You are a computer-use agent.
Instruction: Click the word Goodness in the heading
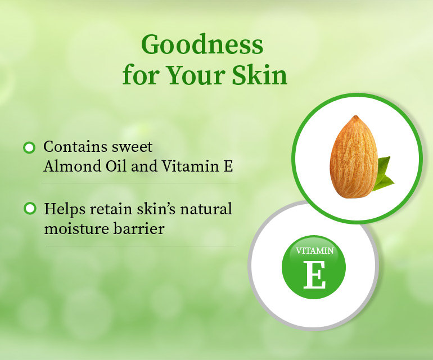pos(202,44)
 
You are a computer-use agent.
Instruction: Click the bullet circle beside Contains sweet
pos(29,147)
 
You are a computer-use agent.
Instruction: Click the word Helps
pos(62,209)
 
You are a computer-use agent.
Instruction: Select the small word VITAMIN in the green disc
pos(314,251)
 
